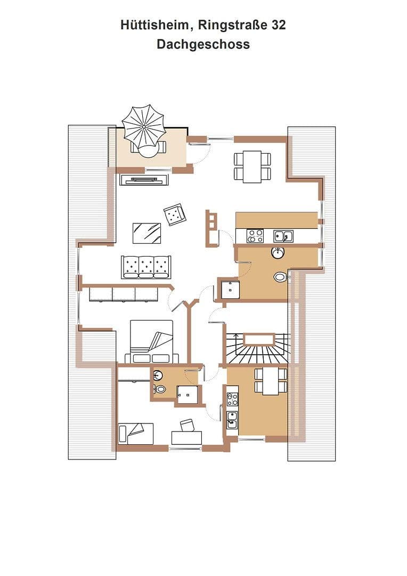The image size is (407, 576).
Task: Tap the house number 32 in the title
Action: (x=279, y=26)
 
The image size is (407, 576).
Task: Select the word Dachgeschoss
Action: (x=203, y=44)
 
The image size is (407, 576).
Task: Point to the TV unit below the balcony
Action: (x=144, y=180)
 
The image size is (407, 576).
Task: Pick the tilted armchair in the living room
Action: (x=175, y=215)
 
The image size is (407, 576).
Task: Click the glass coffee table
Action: (x=147, y=233)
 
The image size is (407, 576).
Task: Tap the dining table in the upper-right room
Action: (x=253, y=166)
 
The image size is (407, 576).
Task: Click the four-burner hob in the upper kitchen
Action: (x=255, y=236)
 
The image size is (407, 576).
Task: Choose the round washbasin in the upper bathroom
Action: (x=278, y=253)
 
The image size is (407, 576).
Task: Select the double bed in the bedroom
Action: (x=152, y=342)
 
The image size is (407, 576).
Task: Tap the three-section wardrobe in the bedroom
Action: (x=123, y=294)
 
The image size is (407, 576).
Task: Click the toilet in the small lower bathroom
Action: (x=160, y=389)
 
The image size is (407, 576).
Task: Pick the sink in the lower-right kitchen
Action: (x=232, y=420)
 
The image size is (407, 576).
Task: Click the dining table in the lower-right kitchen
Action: (x=271, y=381)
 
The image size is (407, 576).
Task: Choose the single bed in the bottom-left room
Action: (x=136, y=434)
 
